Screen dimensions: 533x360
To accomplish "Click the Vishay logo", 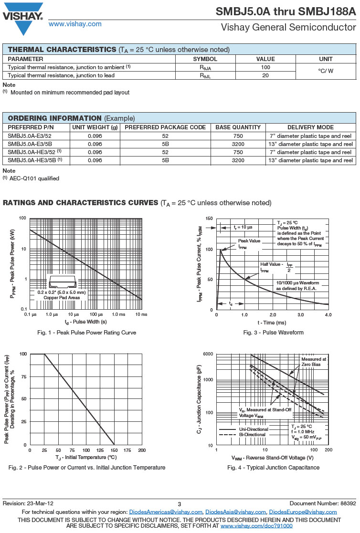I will pos(23,17).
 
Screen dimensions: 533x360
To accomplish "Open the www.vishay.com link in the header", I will pos(75,24).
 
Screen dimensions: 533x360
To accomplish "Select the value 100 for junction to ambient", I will pos(265,67).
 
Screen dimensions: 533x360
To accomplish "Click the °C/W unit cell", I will pos(326,71).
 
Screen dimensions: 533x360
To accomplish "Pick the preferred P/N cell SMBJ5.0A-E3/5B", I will pos(30,144).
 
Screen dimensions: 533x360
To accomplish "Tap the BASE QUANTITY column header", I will pos(238,127).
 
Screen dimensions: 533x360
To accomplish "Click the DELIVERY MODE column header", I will pos(310,127).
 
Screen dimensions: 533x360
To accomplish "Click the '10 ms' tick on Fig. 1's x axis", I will pos(141,315).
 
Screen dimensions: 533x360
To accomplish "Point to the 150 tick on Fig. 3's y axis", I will pos(209,219).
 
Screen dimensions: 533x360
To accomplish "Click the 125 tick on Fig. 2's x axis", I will pos(100,450).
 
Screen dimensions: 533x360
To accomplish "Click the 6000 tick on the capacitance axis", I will pos(207,354).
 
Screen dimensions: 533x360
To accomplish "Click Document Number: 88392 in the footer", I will pos(323,504).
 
